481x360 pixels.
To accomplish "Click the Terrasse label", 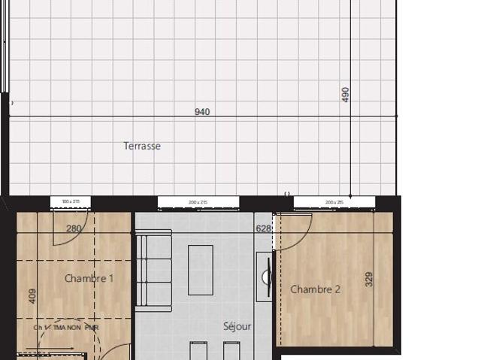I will coord(142,146).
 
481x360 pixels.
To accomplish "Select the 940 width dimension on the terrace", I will coord(202,112).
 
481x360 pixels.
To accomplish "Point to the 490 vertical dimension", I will coord(346,95).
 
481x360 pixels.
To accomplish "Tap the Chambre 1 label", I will coord(89,278).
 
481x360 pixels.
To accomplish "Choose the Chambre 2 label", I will coord(316,289).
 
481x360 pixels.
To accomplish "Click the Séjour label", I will coord(237,326).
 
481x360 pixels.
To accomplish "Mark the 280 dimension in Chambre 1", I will coord(74,228).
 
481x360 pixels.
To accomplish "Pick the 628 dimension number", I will coord(263,228).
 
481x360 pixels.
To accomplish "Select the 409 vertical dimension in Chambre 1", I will coord(32,295).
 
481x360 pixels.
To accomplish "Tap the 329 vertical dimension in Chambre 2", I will coord(368,280).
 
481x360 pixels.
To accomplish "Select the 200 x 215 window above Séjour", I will coord(198,202).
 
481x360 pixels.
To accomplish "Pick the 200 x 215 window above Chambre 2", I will coord(333,202).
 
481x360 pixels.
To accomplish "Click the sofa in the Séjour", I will coord(154,270).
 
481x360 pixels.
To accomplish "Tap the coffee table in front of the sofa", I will coord(200,270).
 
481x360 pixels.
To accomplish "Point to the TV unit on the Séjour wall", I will coord(264,277).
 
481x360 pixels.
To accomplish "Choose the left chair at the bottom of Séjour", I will coord(198,351).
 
